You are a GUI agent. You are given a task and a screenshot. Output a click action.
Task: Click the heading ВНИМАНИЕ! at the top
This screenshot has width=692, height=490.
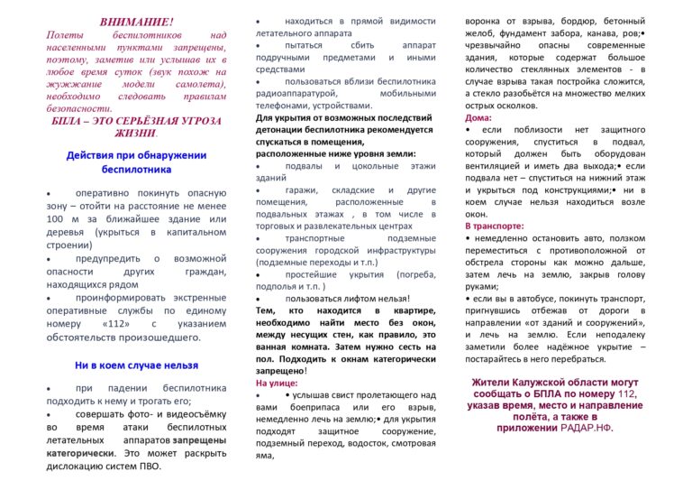click(x=138, y=20)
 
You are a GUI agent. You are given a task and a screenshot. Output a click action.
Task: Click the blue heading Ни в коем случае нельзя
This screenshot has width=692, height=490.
click(x=137, y=365)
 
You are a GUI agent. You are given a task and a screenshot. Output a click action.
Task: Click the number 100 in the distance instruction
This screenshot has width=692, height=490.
click(x=58, y=217)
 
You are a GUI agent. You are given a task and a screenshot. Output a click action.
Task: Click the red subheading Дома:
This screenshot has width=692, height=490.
click(x=478, y=117)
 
